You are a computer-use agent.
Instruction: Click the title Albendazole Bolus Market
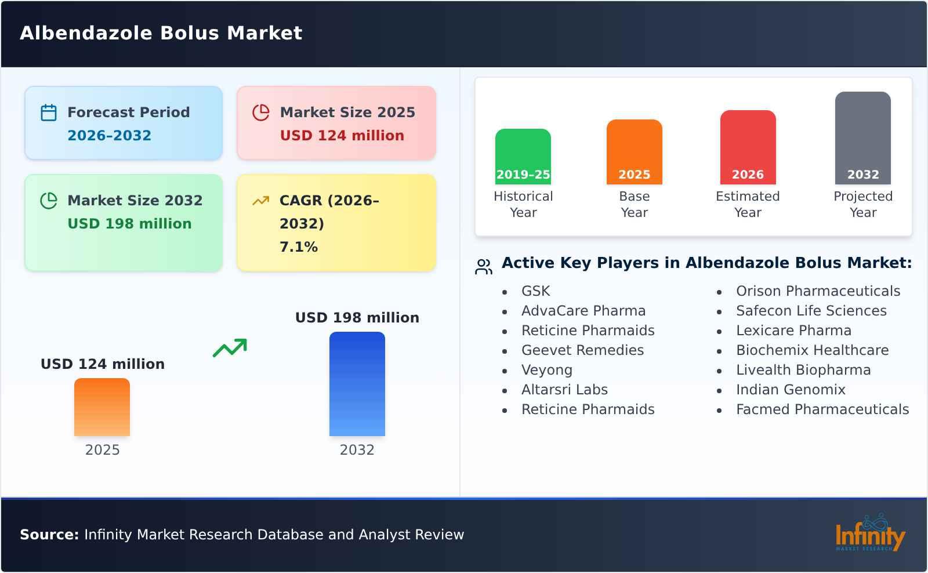point(161,33)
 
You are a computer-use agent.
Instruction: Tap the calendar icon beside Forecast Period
point(49,113)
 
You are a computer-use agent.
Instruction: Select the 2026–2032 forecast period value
point(110,136)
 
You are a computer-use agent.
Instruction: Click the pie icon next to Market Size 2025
point(261,113)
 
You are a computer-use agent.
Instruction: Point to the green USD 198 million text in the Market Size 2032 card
point(130,224)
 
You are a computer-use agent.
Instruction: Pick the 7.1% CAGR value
point(299,247)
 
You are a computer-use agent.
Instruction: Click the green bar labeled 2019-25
point(523,157)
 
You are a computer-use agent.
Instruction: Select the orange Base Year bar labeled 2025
point(635,152)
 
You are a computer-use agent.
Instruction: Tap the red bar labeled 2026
point(748,147)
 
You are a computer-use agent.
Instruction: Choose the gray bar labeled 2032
point(863,138)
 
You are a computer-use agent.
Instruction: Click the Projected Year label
point(863,204)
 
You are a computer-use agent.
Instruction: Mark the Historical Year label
point(523,204)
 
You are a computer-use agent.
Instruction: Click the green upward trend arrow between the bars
point(230,347)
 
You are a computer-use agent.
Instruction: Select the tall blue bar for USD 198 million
point(357,384)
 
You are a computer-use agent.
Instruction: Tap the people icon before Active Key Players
point(484,267)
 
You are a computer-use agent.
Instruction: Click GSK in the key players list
point(536,291)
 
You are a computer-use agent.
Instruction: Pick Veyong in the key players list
point(547,370)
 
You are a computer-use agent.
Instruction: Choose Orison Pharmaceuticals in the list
point(818,291)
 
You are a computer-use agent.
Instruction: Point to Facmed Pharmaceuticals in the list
point(822,409)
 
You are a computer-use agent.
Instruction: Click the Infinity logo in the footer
point(871,533)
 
